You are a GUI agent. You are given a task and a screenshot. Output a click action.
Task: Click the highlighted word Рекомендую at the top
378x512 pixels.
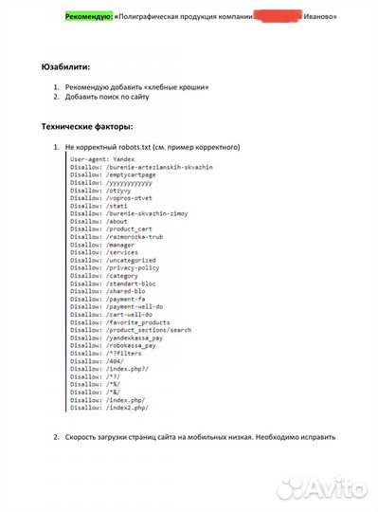tap(88, 17)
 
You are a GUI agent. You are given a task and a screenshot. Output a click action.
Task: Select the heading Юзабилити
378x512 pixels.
tap(67, 68)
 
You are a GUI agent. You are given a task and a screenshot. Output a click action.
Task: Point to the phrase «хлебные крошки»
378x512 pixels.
tap(178, 87)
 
